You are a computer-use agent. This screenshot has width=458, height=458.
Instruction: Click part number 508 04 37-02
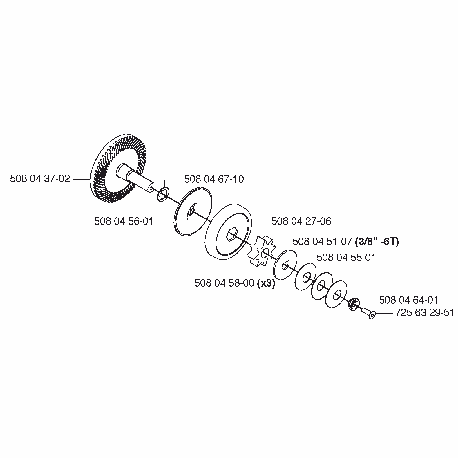[40, 179]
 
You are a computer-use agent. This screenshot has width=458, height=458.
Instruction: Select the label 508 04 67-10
[214, 179]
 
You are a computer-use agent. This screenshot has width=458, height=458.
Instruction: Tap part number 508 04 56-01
[124, 222]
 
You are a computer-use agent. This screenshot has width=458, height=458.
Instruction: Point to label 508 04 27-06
[301, 222]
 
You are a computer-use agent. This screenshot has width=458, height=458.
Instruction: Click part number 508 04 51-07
[322, 242]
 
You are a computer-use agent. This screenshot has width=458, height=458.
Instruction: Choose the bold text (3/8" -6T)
[377, 242]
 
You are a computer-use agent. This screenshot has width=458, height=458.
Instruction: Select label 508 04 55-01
[346, 258]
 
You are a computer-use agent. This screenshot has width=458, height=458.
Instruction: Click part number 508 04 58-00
[225, 283]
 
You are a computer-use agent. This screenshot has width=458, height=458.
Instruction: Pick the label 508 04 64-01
[408, 300]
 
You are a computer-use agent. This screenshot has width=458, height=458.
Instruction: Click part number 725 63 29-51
[424, 313]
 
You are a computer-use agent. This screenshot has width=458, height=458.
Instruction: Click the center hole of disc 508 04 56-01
[191, 211]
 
